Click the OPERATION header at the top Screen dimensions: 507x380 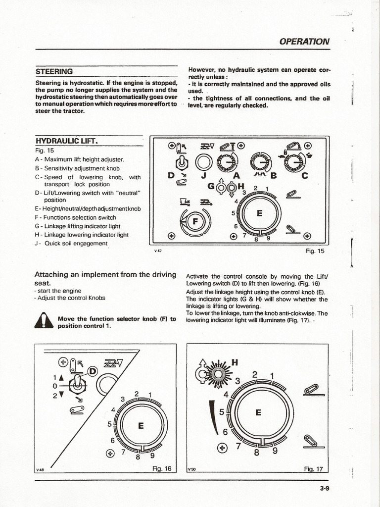pos(304,42)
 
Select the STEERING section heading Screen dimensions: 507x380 pos(54,71)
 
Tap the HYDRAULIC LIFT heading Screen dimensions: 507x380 pos(67,142)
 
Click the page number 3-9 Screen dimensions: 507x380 pos(324,488)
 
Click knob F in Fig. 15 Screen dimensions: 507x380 pos(195,222)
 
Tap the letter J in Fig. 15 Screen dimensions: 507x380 pos(203,175)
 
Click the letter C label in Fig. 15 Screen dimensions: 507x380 pos(304,175)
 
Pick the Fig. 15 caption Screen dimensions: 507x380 pos(315,251)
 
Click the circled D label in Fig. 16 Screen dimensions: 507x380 pos(93,371)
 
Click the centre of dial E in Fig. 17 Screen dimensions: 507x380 pos(257,412)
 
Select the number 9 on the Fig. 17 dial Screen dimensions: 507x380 pos(275,450)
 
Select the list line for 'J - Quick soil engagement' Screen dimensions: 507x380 pos(71,243)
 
